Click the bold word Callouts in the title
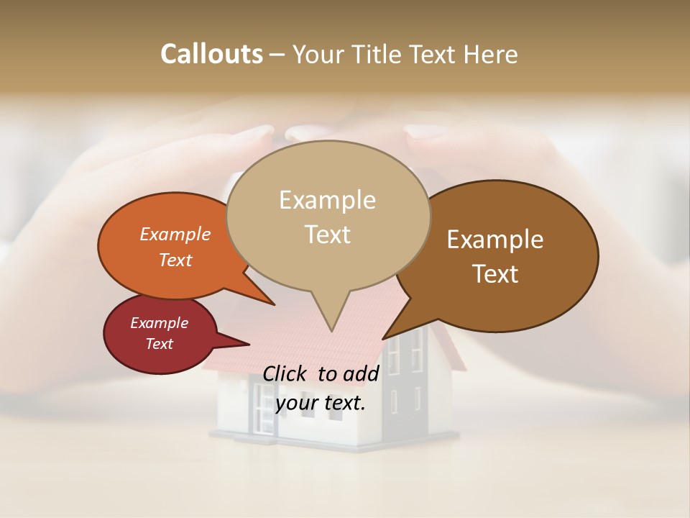click(211, 54)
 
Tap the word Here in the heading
click(492, 54)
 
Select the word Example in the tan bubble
click(327, 200)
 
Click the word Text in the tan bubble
click(328, 235)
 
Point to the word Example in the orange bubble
click(175, 234)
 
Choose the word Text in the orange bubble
click(175, 260)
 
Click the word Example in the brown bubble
click(495, 240)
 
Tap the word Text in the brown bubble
click(496, 274)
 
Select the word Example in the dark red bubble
click(159, 323)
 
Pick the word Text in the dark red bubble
click(159, 344)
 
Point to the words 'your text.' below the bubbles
click(321, 403)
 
